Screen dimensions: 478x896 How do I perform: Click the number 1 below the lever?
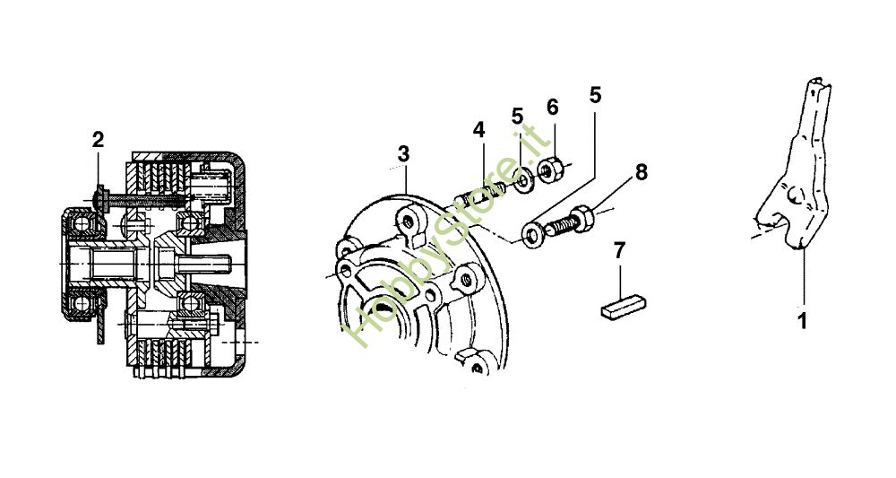(803, 318)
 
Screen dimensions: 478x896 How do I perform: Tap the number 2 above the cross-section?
(98, 139)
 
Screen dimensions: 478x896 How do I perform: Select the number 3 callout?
(403, 154)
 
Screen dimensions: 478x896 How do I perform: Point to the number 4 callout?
(479, 130)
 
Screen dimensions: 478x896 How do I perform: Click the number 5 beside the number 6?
(518, 117)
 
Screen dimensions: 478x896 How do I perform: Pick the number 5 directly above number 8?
(595, 93)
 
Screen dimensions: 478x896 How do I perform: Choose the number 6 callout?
(552, 107)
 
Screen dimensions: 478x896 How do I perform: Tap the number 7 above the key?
(619, 250)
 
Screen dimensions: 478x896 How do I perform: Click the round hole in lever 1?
(793, 194)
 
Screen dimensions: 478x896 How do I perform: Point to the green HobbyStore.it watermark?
(448, 238)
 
